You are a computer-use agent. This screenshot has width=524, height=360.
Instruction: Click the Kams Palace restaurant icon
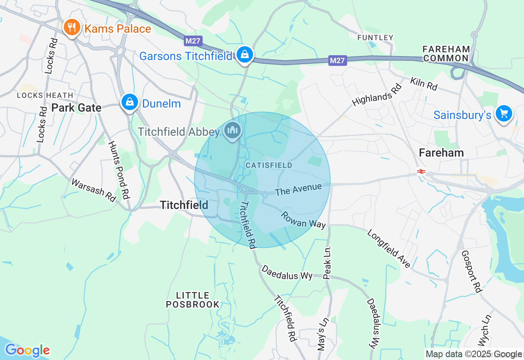click(x=72, y=27)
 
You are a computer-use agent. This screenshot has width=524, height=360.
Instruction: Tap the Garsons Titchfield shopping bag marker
click(x=244, y=54)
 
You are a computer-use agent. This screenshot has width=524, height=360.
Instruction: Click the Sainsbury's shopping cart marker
click(x=504, y=113)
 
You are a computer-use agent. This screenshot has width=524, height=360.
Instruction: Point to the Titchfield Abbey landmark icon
click(x=233, y=130)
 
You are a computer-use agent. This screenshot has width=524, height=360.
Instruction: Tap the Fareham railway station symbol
click(x=421, y=172)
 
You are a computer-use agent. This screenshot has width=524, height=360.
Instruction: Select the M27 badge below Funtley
click(x=337, y=61)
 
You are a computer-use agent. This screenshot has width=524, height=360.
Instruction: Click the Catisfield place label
click(x=269, y=165)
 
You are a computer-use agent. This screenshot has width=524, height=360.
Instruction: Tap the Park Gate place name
click(x=77, y=108)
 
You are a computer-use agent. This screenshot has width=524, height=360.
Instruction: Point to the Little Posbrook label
click(x=193, y=300)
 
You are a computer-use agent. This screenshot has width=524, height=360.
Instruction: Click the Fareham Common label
click(x=446, y=54)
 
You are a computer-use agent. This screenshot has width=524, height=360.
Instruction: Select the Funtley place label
click(x=375, y=38)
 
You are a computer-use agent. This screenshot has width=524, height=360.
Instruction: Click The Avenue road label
click(x=298, y=189)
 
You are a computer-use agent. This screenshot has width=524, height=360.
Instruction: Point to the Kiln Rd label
click(x=424, y=84)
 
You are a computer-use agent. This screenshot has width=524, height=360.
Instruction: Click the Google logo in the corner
click(x=27, y=350)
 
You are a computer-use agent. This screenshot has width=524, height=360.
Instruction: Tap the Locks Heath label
click(x=45, y=95)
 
